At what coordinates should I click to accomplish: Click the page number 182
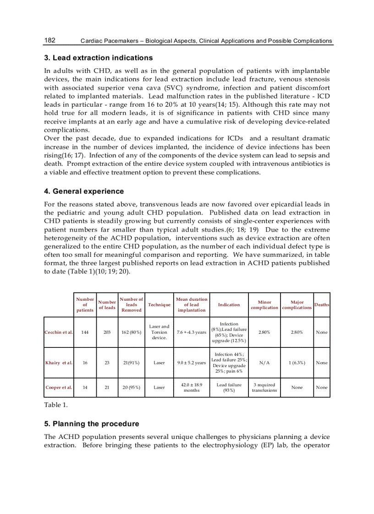pos(49,40)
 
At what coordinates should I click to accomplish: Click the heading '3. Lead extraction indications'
pos(98,58)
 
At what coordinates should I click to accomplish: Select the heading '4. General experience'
pos(84,191)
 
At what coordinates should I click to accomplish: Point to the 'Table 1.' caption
pos(56,405)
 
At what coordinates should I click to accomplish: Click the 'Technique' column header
pos(159,305)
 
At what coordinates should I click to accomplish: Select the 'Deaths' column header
pos(321,305)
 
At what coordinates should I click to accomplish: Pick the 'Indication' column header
pos(229,305)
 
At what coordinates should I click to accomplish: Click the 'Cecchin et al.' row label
pos(59,332)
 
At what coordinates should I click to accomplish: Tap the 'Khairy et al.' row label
pos(59,363)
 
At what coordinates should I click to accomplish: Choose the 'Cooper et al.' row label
pos(59,388)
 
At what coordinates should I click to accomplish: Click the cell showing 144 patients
pos(85,332)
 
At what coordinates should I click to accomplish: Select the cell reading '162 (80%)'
pos(132,332)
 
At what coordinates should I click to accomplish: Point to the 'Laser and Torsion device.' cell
pos(159,332)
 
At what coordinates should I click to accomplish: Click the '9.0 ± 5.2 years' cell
pos(192,363)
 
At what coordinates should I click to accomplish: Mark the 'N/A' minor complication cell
pos(264,363)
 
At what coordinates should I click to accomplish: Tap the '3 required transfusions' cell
pos(264,388)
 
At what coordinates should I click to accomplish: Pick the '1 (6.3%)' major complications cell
pos(297,363)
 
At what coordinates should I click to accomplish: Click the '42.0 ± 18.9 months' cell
pos(192,388)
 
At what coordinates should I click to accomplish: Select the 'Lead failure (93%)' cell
pos(229,388)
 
